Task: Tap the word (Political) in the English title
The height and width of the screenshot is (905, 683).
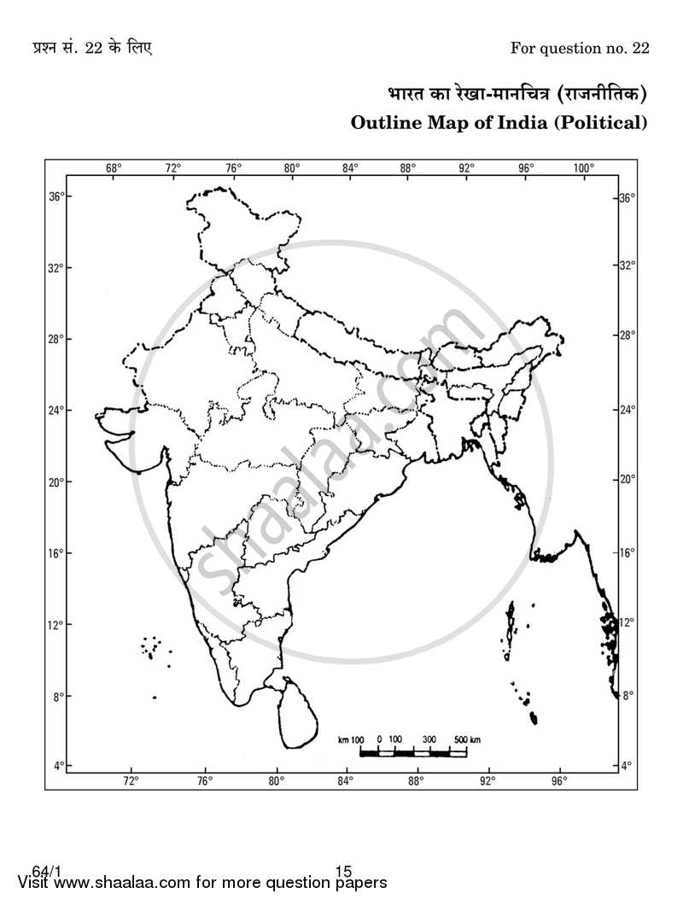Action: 601,122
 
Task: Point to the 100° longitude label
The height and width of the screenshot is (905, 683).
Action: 583,167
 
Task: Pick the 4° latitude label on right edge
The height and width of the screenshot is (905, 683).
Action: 627,766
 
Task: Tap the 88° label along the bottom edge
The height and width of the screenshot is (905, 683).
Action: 416,780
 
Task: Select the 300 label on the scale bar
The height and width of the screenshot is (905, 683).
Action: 429,739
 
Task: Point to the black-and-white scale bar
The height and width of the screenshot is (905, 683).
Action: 412,752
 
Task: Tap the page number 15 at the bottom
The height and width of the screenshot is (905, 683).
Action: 343,872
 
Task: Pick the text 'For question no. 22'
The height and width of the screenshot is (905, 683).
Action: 580,48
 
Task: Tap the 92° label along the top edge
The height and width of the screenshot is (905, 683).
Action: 466,167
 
